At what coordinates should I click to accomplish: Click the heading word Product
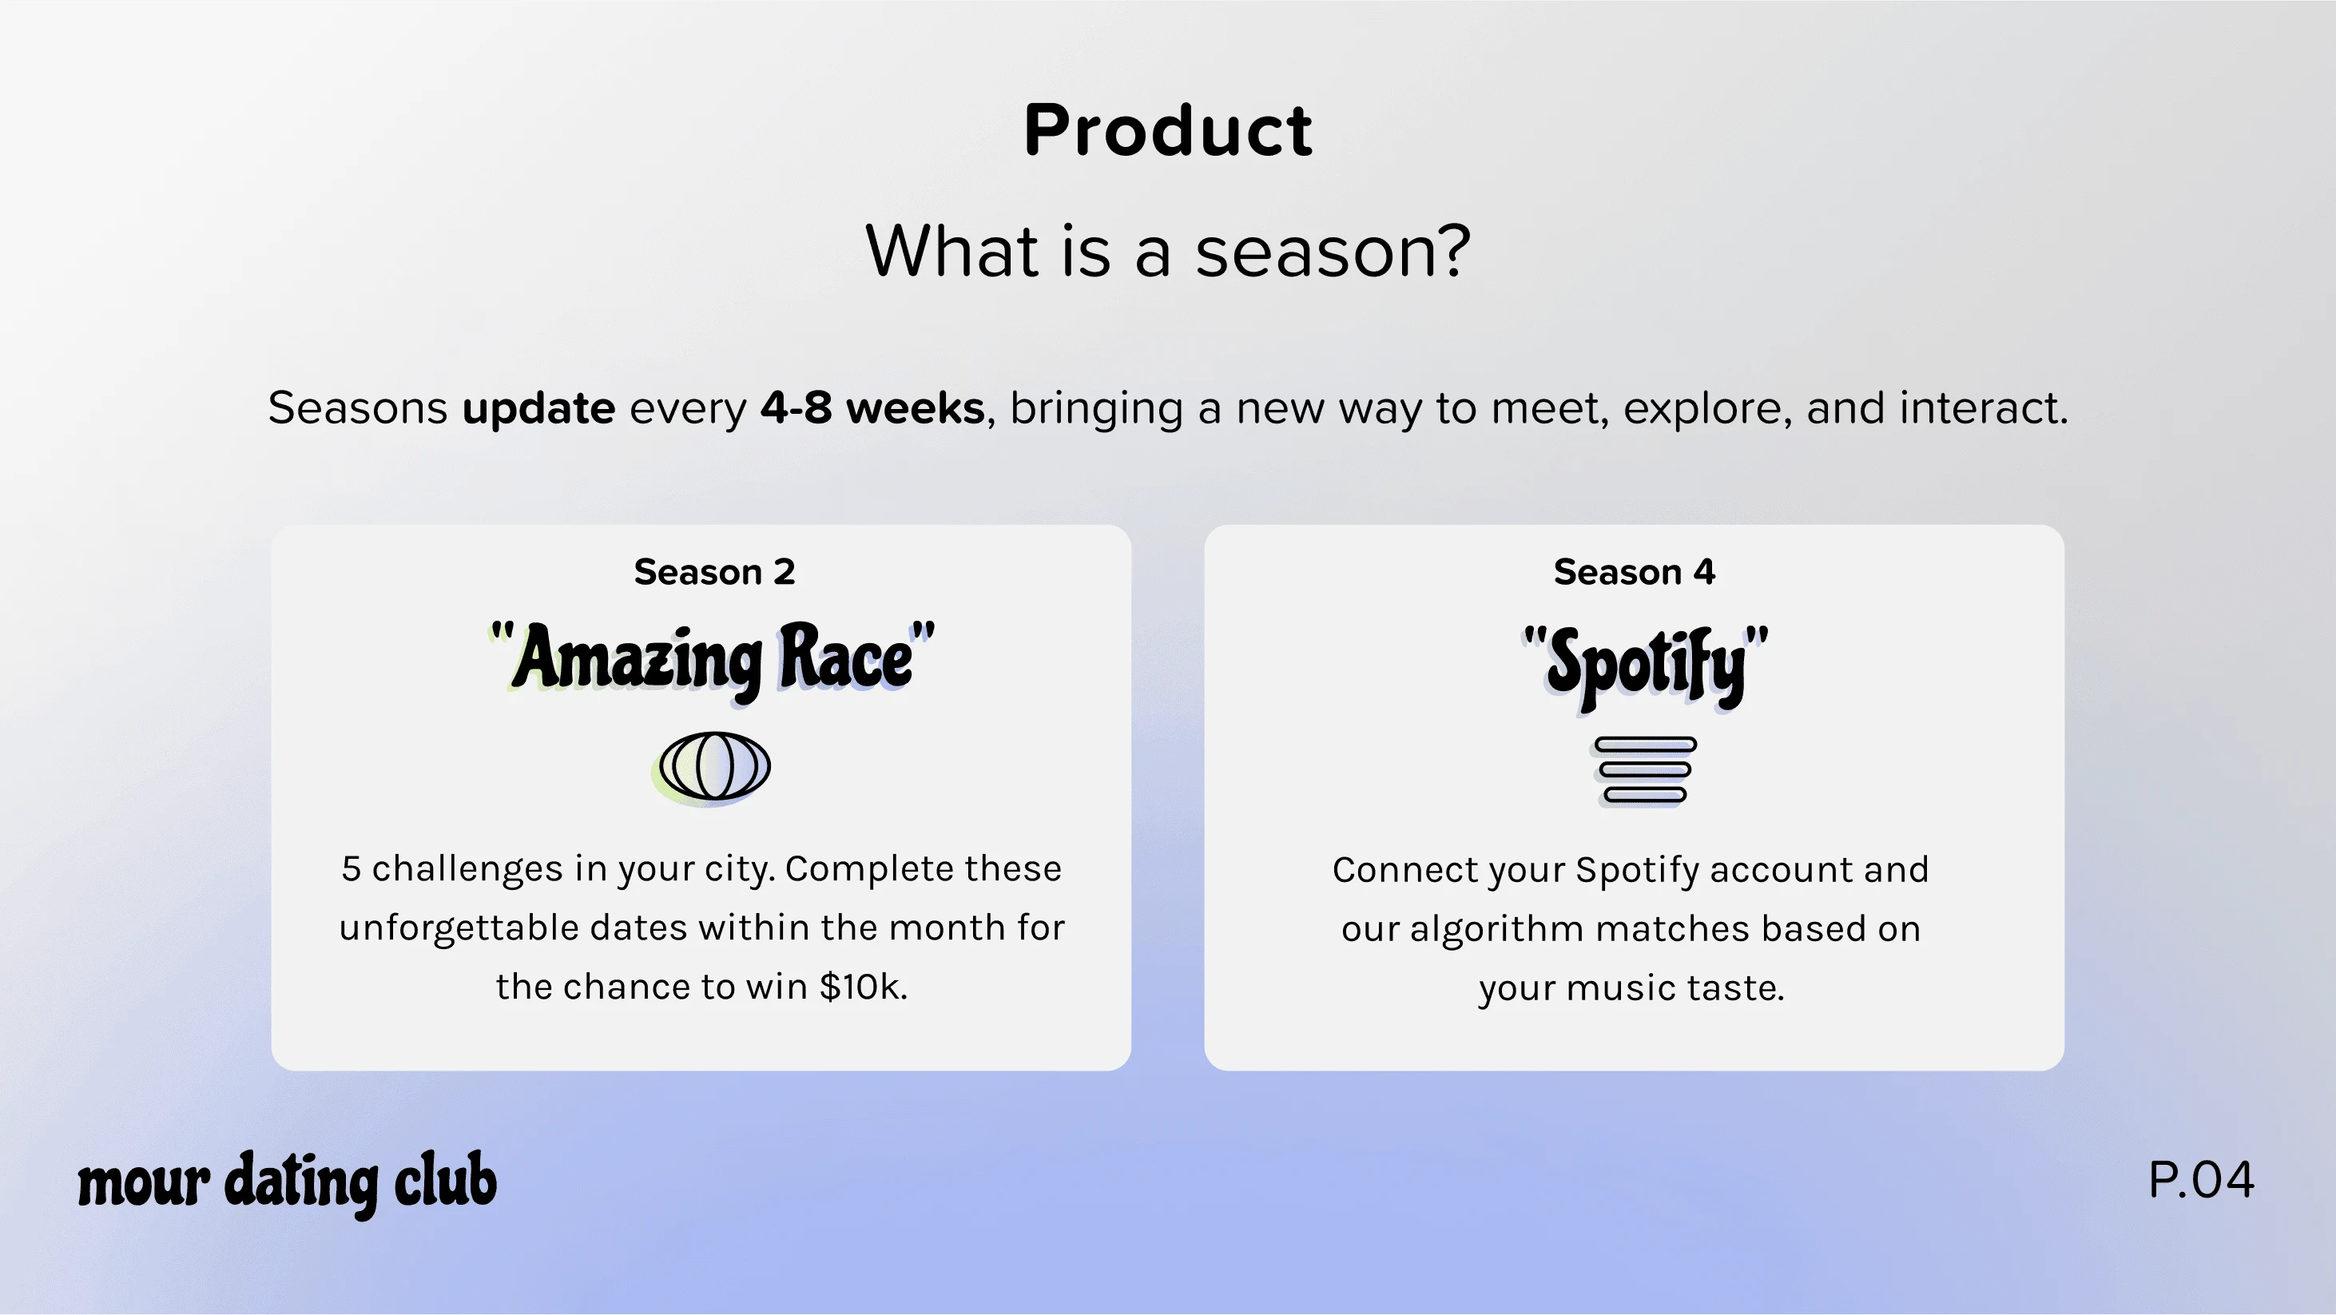point(1168,129)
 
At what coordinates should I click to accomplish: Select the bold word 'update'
point(538,408)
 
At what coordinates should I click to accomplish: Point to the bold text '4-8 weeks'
point(872,407)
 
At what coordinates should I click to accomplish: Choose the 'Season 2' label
point(714,572)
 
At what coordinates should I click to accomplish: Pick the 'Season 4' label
point(1634,572)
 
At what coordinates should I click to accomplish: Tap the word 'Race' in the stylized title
point(845,656)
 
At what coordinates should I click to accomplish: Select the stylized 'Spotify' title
point(1645,666)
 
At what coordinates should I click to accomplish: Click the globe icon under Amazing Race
point(713,767)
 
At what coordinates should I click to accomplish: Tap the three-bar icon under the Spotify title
point(1644,771)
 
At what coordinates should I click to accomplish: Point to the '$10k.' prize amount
point(862,987)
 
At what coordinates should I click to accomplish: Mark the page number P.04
point(2201,1180)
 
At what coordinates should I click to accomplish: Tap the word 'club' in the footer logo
point(445,1180)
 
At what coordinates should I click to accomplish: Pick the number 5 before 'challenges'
point(351,868)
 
